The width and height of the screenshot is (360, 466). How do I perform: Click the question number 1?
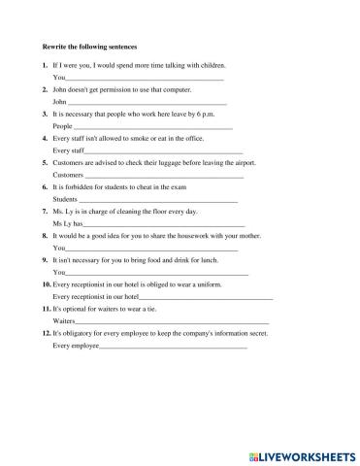pos(46,64)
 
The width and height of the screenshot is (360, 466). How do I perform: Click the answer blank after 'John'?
pos(146,102)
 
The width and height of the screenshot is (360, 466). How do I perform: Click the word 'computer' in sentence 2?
pos(177,89)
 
